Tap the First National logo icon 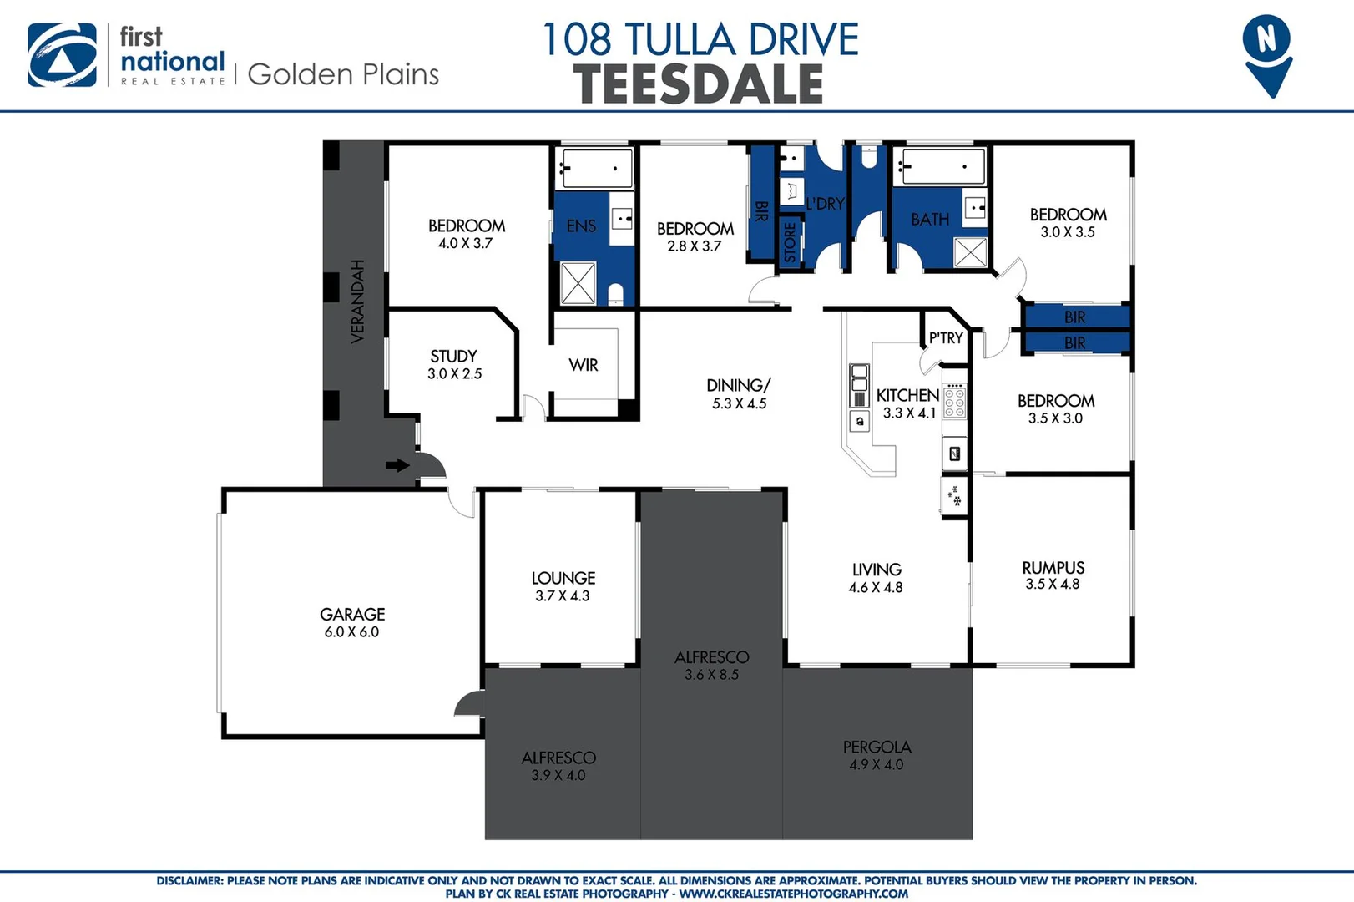pos(62,55)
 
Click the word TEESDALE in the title pos(699,84)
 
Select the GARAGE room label pos(352,615)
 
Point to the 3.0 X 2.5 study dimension pos(454,374)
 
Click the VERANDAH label pos(357,302)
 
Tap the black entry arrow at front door pos(397,465)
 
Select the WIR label pos(584,365)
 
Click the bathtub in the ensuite pos(595,169)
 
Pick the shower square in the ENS pos(578,282)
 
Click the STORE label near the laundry pos(790,243)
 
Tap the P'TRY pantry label pos(946,338)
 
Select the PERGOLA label pos(877,747)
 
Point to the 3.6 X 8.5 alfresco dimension pos(711,675)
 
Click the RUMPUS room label pos(1053,568)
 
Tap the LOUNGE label pos(563,578)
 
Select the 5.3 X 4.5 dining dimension pos(739,403)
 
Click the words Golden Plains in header pos(343,75)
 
